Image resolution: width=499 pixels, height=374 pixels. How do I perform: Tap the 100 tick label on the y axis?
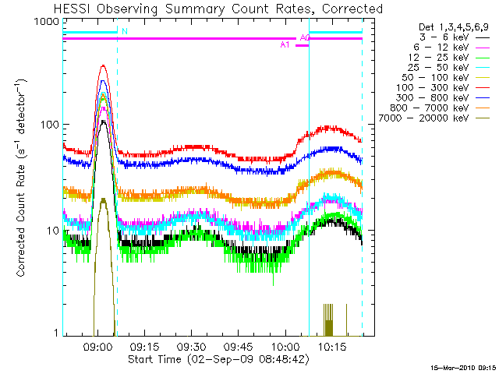(x=50, y=125)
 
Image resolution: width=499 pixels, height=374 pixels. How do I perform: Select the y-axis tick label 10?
(x=53, y=231)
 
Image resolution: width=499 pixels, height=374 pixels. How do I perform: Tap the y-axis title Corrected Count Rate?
(x=23, y=178)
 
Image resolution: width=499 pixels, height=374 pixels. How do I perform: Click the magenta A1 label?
(x=285, y=45)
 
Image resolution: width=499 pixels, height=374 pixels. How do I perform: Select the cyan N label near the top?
(x=125, y=32)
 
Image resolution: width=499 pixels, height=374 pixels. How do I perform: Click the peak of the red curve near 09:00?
(x=103, y=66)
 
